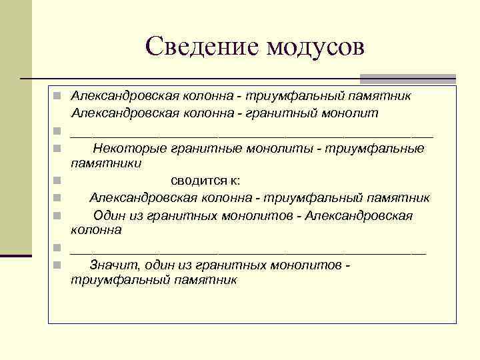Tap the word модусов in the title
click(x=315, y=46)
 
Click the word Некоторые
click(x=130, y=147)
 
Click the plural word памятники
click(x=106, y=162)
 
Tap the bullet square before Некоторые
click(x=58, y=147)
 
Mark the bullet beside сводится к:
click(x=58, y=181)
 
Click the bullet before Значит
click(x=58, y=265)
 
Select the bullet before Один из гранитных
click(x=58, y=215)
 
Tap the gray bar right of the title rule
click(x=407, y=78)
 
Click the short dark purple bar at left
click(x=15, y=255)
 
